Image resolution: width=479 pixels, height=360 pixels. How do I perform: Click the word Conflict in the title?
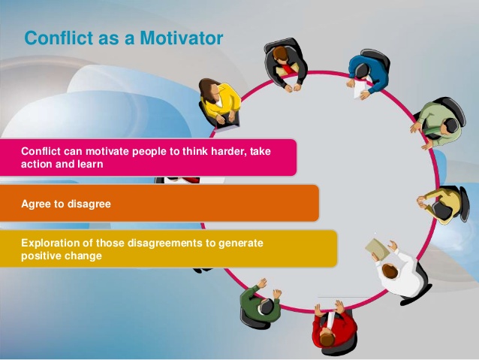pyautogui.click(x=59, y=38)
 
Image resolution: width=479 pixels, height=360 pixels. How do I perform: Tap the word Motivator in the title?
pyautogui.click(x=182, y=38)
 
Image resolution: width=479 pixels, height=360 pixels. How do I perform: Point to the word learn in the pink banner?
pyautogui.click(x=90, y=164)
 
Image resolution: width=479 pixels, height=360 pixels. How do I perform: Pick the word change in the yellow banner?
pyautogui.click(x=83, y=256)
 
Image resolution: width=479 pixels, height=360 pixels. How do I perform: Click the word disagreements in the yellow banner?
pyautogui.click(x=164, y=244)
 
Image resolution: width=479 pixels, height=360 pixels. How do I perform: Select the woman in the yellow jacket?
pyautogui.click(x=218, y=100)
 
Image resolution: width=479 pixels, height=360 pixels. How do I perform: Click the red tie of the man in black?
pyautogui.click(x=287, y=68)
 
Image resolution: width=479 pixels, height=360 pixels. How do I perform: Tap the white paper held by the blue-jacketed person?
pyautogui.click(x=359, y=89)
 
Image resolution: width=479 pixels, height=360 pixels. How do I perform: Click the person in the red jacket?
pyautogui.click(x=333, y=329)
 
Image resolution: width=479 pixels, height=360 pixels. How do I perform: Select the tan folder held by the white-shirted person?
pyautogui.click(x=378, y=248)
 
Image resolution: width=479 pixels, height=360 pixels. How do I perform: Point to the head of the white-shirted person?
pyautogui.click(x=390, y=271)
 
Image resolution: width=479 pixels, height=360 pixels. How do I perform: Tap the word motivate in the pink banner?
pyautogui.click(x=107, y=151)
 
